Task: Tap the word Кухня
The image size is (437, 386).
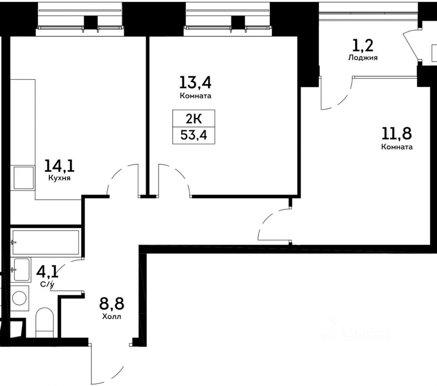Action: coord(59,178)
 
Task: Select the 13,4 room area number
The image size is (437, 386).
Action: coord(195,83)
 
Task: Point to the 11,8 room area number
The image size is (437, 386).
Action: coord(397,133)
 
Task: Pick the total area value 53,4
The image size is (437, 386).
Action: coord(194,135)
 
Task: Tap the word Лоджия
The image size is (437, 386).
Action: coord(363,58)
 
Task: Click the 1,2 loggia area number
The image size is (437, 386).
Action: coord(363,46)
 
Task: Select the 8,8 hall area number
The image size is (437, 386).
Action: coord(112,303)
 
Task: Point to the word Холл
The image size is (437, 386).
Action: coord(112,316)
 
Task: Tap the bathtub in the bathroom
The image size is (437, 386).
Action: coord(46,242)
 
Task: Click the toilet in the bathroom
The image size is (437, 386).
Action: coord(44,322)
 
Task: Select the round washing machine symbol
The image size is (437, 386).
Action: coord(19,298)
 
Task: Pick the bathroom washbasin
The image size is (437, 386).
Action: coord(21,269)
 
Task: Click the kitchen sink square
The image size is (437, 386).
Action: coord(24,178)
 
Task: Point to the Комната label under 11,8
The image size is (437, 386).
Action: coord(397,147)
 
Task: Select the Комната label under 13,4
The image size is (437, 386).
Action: coord(195,96)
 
